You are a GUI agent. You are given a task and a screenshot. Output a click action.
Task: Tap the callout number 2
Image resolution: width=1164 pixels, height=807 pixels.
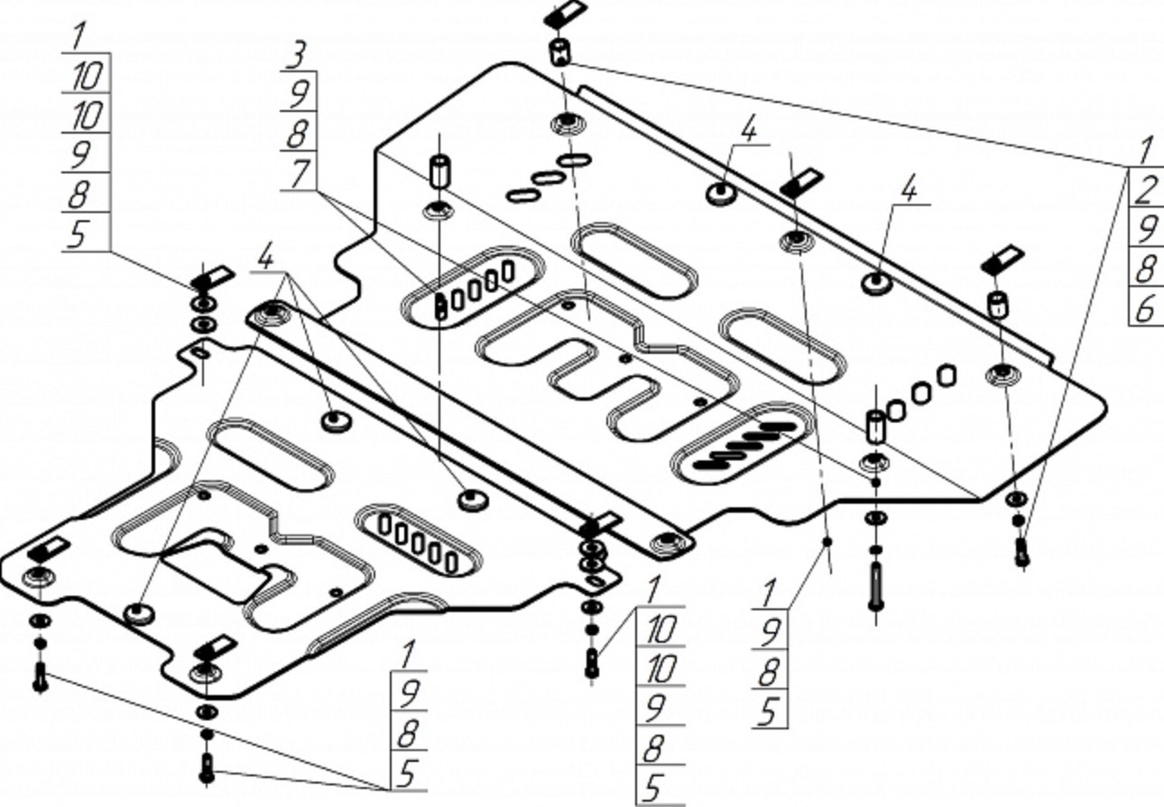[x=1147, y=190]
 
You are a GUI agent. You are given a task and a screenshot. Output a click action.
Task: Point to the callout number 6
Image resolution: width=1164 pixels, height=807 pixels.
[x=1146, y=310]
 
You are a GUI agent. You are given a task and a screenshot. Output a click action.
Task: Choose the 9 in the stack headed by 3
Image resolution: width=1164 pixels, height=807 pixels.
[x=300, y=94]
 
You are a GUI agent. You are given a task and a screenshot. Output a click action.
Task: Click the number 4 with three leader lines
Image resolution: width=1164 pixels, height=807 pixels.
[x=266, y=257]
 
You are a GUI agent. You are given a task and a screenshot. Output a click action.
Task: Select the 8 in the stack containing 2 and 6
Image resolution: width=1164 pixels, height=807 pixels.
[x=1147, y=270]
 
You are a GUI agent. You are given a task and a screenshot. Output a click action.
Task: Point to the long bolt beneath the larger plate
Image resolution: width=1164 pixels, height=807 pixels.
[x=875, y=586]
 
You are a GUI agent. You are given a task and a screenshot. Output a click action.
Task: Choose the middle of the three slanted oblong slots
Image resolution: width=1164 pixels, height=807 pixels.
[x=550, y=178]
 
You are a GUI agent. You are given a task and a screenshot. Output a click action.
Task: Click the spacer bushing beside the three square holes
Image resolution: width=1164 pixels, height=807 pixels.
[x=875, y=426]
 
